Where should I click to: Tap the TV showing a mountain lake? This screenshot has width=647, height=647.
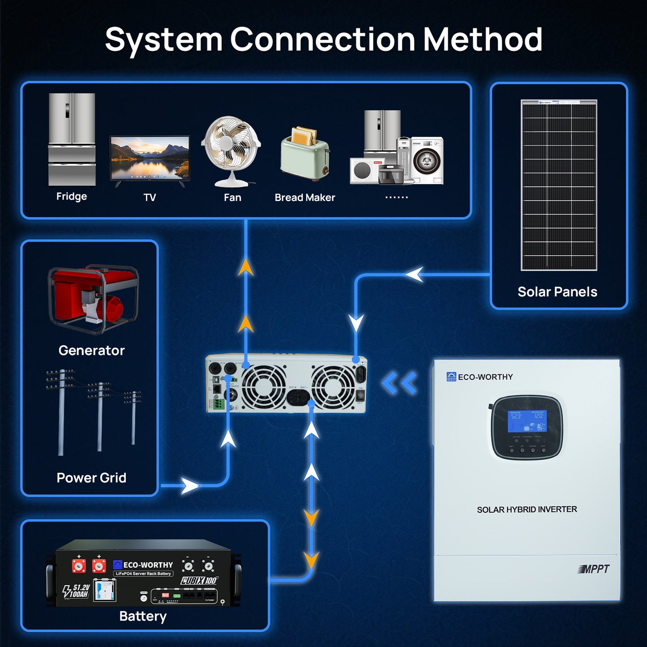(x=150, y=159)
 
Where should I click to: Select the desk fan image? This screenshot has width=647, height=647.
(x=231, y=150)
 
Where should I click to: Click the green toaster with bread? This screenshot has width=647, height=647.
(x=305, y=154)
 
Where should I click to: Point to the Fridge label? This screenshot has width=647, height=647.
(x=72, y=197)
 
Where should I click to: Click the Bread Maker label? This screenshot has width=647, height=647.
(x=304, y=197)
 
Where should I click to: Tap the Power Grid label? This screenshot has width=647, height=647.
(x=91, y=478)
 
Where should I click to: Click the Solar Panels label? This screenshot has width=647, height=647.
(x=557, y=292)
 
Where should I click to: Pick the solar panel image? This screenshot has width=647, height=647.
(x=559, y=185)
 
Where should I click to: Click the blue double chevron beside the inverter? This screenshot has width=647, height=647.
(x=399, y=383)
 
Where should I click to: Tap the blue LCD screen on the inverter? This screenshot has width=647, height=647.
(x=527, y=421)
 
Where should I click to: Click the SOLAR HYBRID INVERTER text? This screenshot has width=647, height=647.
(x=527, y=510)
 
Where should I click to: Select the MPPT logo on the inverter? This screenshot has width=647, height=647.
(x=594, y=569)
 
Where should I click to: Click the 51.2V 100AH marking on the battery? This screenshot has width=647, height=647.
(x=77, y=591)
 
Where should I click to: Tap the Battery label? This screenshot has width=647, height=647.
(x=143, y=617)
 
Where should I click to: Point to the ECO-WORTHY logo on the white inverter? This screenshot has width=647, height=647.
(x=480, y=377)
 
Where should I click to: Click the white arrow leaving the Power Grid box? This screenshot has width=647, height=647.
(x=189, y=486)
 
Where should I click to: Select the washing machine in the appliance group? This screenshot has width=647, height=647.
(x=427, y=160)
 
